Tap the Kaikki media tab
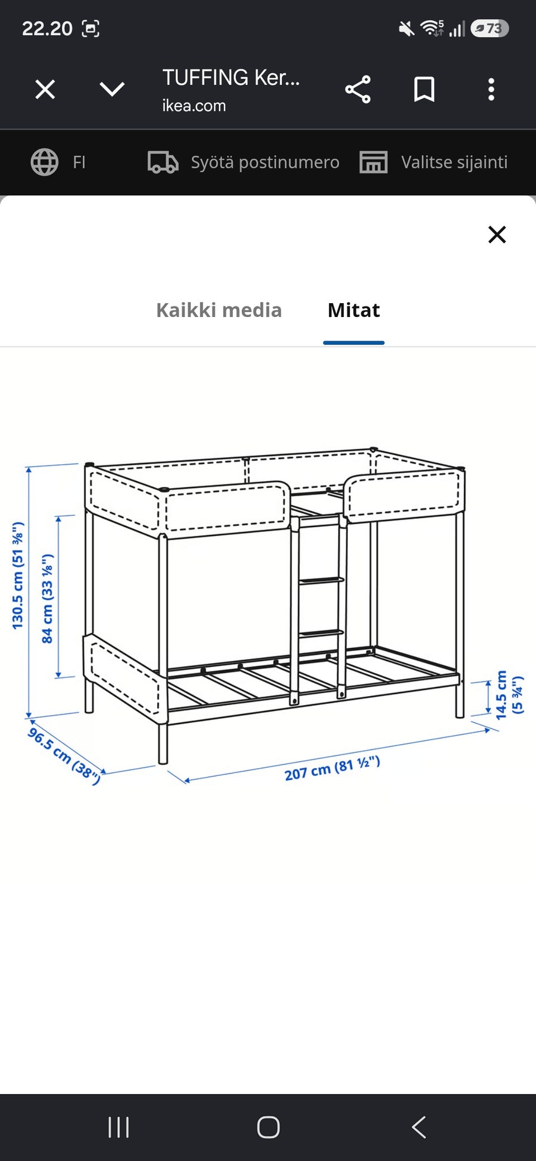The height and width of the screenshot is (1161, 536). (219, 310)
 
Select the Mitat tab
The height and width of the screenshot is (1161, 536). (354, 310)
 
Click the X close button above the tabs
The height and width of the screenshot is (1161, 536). (497, 234)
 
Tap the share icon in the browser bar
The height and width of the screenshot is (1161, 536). (358, 89)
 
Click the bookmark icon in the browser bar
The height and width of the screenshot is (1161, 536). (424, 89)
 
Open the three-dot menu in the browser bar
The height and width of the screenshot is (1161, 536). (491, 89)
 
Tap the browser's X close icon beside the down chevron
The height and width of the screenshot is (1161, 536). (45, 89)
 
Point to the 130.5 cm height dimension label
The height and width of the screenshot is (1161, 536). (18, 575)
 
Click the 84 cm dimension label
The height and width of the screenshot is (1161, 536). (47, 598)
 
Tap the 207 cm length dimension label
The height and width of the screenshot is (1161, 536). (332, 768)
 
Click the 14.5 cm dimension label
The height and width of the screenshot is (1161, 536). (509, 694)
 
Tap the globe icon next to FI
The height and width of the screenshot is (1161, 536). (45, 162)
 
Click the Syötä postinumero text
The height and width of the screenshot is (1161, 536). (265, 162)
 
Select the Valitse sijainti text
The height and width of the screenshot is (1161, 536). (454, 162)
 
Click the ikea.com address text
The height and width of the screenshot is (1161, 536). (194, 105)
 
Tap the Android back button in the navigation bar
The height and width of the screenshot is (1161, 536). (419, 1127)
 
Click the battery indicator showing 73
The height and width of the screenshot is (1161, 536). (490, 28)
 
